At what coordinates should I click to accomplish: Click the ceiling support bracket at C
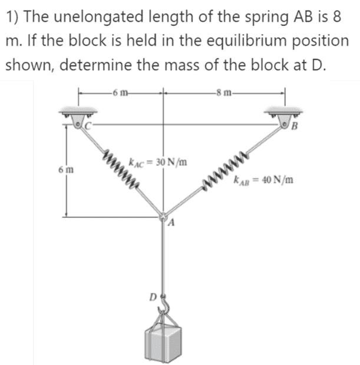click(77, 116)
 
